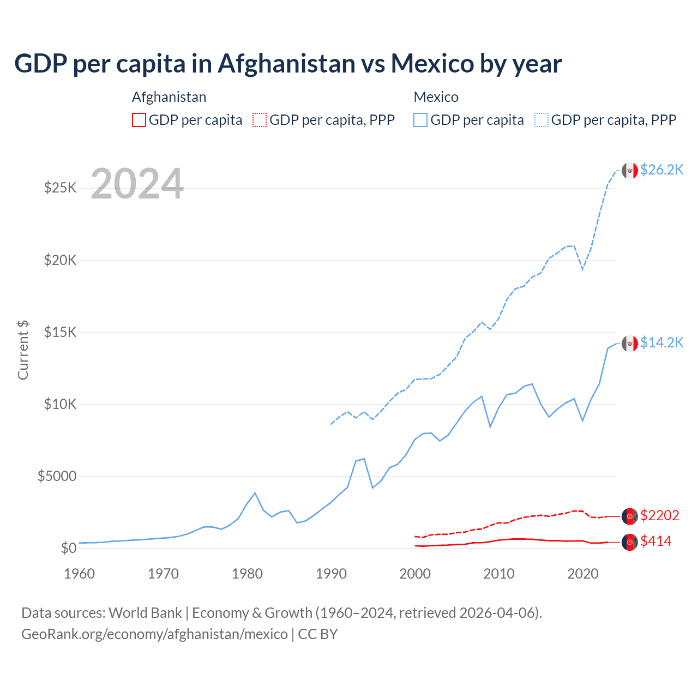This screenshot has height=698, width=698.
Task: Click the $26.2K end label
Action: pos(661,170)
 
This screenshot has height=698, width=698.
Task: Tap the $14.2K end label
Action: pos(661,342)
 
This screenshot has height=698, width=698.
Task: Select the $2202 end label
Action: pos(660,515)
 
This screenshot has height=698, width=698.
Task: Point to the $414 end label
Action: pos(656,541)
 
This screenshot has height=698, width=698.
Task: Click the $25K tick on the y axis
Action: pos(60,188)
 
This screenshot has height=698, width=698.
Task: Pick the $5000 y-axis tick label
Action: pos(57,476)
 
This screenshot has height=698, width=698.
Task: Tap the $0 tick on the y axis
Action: pos(68,548)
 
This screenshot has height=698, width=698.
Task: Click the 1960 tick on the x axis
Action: pos(79,574)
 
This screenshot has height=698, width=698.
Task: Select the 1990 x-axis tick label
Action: pos(331,574)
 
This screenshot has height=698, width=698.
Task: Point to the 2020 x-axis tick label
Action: pos(583,574)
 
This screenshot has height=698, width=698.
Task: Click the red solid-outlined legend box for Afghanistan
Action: pos(139,120)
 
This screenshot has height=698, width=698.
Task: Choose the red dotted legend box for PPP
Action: pos(260,120)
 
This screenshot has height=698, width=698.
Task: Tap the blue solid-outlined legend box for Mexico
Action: pos(420,120)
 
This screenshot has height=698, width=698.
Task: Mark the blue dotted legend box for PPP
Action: pos(541,120)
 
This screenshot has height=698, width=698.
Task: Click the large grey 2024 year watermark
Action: pos(137,184)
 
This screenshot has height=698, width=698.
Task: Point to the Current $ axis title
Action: pos(23,350)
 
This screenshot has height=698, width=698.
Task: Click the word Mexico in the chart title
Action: pos(432,64)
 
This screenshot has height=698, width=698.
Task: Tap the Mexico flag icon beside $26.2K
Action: pos(630,171)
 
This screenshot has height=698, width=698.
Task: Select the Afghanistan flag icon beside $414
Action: pos(630,542)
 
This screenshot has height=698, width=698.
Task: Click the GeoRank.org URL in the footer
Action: pos(154,634)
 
